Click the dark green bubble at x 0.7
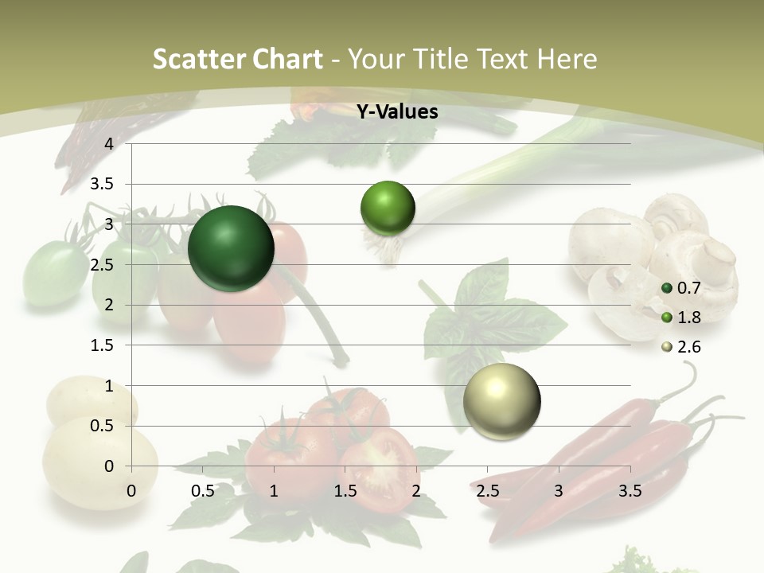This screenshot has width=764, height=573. (231, 248)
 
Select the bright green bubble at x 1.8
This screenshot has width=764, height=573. (388, 208)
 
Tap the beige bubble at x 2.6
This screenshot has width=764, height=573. (501, 400)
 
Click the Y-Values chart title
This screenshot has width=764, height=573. (397, 112)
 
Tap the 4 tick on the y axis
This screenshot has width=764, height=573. (109, 144)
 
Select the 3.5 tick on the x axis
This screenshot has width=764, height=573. (630, 492)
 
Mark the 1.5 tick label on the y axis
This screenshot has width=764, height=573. (103, 345)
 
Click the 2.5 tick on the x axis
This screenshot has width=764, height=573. (487, 492)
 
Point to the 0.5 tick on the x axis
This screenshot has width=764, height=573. (203, 492)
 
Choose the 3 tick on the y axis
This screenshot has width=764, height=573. (109, 224)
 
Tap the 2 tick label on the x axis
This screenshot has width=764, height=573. (416, 492)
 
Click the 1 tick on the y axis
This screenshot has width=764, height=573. (109, 386)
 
